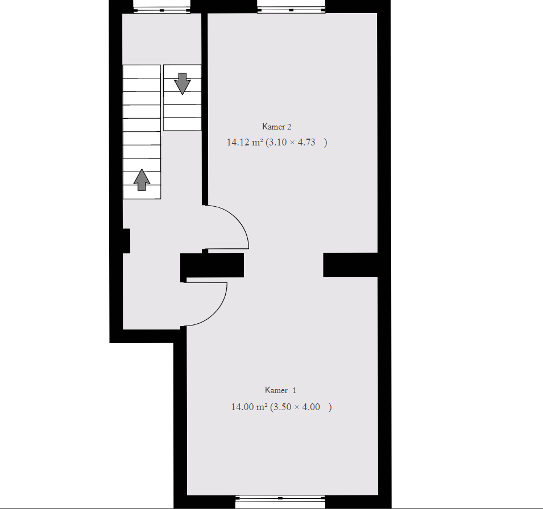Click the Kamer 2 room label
pyautogui.click(x=277, y=127)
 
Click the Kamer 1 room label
pyautogui.click(x=280, y=390)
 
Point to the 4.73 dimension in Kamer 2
pyautogui.click(x=306, y=142)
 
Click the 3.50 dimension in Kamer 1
pyautogui.click(x=283, y=407)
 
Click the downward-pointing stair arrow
pyautogui.click(x=182, y=84)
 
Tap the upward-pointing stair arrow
pyautogui.click(x=142, y=180)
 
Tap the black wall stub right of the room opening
pyautogui.click(x=350, y=265)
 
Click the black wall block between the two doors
pyautogui.click(x=212, y=265)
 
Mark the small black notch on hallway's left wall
pyautogui.click(x=126, y=241)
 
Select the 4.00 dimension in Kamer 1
pyautogui.click(x=311, y=407)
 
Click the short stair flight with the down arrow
pyautogui.click(x=182, y=98)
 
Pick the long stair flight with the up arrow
pyautogui.click(x=142, y=132)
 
